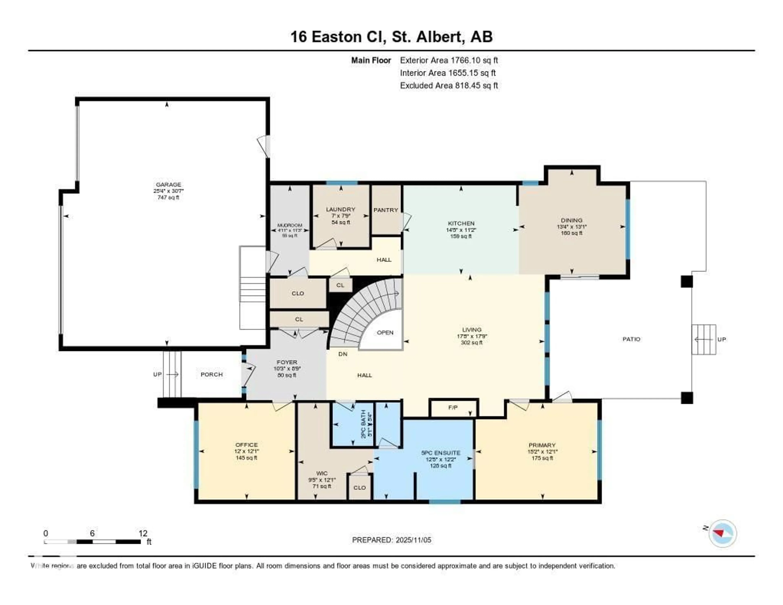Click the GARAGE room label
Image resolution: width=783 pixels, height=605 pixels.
[168, 185]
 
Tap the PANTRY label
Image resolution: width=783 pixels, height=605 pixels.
[386, 210]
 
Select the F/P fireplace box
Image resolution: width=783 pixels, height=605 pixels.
[453, 408]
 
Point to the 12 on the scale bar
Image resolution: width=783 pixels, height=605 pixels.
[143, 533]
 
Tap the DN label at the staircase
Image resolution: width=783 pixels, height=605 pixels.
[343, 354]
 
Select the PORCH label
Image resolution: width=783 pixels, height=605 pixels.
[211, 375]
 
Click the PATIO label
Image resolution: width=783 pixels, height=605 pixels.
[631, 339]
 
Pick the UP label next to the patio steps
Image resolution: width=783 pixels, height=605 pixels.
[721, 339]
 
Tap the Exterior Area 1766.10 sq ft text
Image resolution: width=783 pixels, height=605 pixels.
[449, 60]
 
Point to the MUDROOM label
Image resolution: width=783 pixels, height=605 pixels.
[290, 225]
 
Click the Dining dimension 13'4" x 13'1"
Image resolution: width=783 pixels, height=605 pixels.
[572, 227]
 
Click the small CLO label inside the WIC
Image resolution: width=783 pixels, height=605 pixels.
[360, 488]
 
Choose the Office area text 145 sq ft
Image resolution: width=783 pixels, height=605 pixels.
[246, 458]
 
